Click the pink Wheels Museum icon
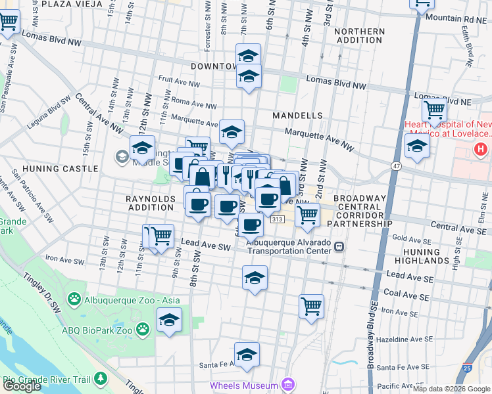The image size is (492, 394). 287,384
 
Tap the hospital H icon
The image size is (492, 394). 480,150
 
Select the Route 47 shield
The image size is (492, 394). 396,167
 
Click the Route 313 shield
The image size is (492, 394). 277,219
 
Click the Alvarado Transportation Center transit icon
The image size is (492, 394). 339,247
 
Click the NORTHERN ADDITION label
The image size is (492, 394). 359,36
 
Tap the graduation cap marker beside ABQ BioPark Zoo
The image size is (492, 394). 169,320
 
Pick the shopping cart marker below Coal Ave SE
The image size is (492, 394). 311,305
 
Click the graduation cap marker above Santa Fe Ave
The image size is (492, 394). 247,355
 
